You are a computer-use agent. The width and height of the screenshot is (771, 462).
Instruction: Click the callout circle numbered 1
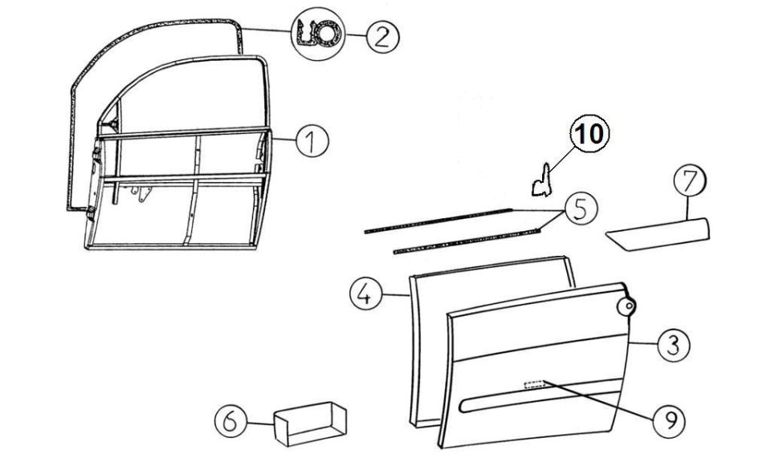pos(312,140)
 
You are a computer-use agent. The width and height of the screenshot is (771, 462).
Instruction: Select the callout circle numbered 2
pos(382,36)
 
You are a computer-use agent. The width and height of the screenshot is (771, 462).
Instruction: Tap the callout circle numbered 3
pos(673,345)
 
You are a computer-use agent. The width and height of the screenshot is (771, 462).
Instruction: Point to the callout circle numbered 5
pos(581,209)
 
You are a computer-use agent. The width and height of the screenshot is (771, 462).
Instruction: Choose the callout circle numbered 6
pos(231,422)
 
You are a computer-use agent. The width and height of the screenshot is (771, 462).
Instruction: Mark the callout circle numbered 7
pos(689,181)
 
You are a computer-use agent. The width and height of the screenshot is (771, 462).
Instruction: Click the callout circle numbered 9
pos(668,420)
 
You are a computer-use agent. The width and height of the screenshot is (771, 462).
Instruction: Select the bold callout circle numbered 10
pos(589,133)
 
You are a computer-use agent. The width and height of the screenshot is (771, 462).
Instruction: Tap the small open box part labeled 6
pos(310,423)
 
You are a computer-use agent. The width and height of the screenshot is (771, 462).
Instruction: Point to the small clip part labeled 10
pos(542,181)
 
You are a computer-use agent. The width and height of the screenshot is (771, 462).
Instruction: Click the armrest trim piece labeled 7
pos(658,234)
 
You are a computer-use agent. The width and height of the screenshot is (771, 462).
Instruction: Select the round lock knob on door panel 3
pos(626,307)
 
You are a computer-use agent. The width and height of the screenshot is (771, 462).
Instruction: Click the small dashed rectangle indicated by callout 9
pos(535,384)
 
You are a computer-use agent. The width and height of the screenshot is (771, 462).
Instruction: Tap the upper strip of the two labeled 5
pos(439,221)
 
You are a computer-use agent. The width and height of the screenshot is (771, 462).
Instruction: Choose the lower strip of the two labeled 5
pos(467,241)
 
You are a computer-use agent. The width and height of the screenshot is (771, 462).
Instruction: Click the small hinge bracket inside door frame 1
pos(141,193)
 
